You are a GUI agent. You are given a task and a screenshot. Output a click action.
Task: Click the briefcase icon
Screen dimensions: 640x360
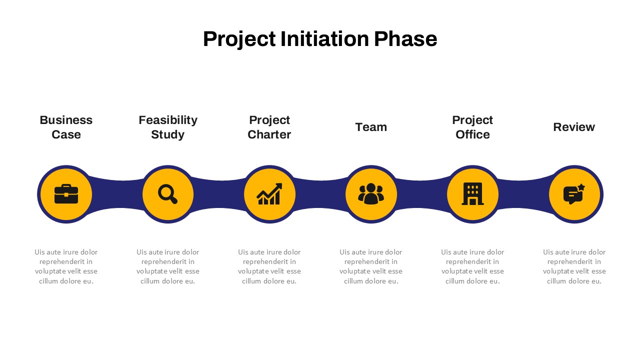[x=66, y=194]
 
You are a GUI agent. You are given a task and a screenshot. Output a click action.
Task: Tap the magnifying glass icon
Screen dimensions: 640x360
[x=167, y=194]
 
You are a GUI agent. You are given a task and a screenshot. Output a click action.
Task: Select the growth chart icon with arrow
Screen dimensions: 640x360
[x=269, y=194]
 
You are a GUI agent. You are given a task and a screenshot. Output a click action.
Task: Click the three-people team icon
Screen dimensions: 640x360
[x=371, y=193]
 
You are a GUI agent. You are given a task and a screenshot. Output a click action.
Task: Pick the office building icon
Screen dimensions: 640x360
[x=472, y=193]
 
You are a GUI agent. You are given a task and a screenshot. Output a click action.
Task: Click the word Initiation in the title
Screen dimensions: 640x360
[x=324, y=39]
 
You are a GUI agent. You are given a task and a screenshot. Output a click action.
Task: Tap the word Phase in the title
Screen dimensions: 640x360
[x=405, y=39]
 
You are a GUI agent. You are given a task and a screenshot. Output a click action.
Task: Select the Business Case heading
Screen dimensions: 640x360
[x=66, y=127]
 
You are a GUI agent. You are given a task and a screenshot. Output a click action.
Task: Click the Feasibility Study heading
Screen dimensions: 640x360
[x=167, y=127]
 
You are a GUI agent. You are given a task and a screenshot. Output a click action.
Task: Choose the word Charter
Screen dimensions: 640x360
[x=269, y=134]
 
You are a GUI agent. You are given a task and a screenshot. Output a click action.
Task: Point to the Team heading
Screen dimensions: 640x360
[x=371, y=127]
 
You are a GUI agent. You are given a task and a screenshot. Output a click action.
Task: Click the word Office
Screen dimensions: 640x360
[x=472, y=134]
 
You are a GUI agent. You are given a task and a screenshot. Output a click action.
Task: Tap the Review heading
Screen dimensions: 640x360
[x=574, y=127]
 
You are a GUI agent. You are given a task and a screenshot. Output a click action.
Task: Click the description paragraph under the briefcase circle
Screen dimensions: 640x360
[x=66, y=266]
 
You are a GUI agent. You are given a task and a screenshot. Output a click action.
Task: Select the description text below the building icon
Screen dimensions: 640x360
[x=472, y=266]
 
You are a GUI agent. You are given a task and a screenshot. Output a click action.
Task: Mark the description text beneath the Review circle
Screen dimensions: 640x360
[x=574, y=266]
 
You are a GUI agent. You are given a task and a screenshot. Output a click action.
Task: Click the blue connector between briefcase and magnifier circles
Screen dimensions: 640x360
[x=117, y=194]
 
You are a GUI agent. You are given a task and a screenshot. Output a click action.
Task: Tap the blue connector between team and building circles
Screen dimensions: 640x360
[x=421, y=194]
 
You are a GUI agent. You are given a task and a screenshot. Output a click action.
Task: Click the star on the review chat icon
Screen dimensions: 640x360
[x=581, y=187]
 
